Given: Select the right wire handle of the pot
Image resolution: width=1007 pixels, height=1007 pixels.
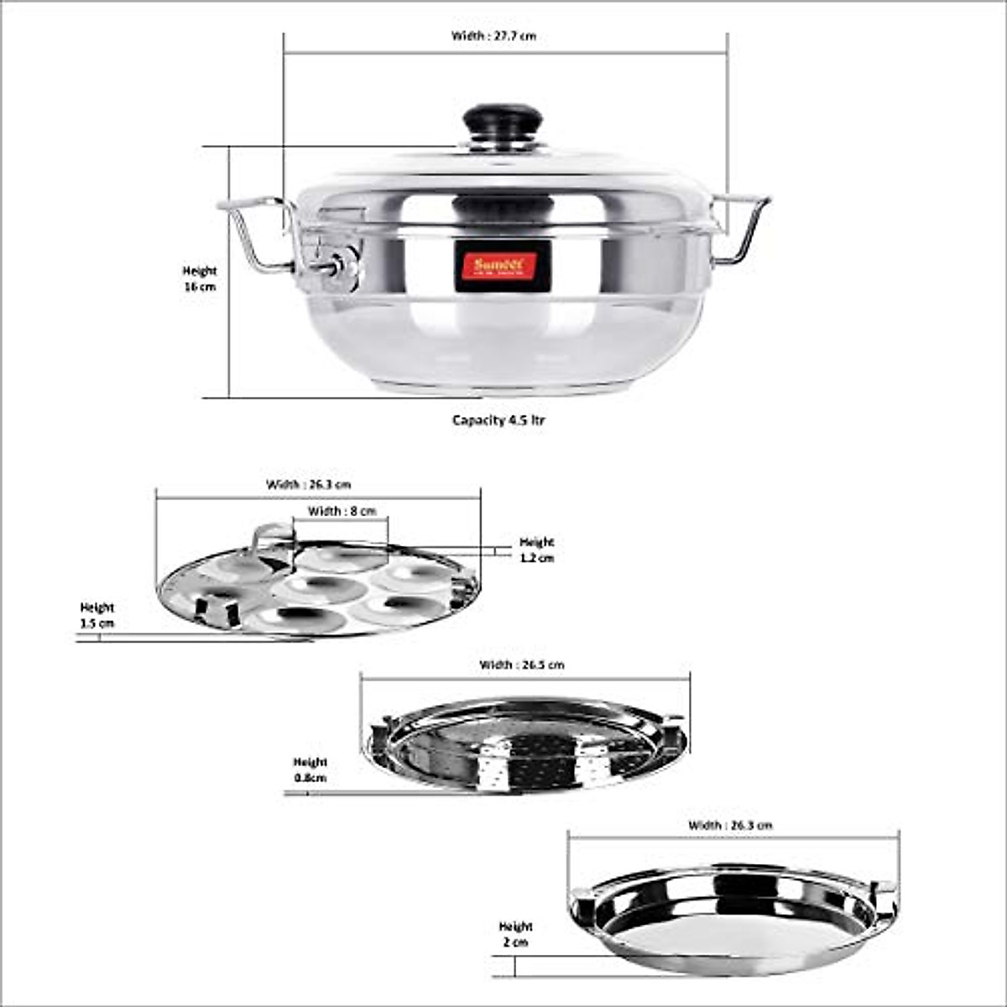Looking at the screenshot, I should point(742,228).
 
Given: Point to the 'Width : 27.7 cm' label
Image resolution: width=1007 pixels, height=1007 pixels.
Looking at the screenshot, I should point(493,36).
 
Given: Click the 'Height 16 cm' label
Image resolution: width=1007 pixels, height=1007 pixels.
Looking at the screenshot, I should point(200,279).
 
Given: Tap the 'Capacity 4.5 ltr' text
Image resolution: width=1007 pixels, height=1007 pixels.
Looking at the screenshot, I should point(498,420).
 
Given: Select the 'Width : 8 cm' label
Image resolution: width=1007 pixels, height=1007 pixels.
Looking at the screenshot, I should point(342,511).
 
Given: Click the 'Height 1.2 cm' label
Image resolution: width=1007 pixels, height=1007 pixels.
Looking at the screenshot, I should point(537,550).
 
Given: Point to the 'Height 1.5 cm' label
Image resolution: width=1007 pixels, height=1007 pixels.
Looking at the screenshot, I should point(97,615).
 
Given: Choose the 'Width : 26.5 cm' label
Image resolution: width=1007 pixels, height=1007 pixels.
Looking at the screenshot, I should point(521,665).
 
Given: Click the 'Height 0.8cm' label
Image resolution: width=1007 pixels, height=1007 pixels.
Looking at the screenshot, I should point(310,770).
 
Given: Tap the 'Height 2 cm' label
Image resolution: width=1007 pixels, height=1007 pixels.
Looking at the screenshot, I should point(516,934).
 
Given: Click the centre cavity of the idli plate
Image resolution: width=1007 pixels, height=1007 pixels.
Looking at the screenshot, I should point(312,587).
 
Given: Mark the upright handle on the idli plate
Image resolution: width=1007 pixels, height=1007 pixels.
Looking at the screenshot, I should point(270,541).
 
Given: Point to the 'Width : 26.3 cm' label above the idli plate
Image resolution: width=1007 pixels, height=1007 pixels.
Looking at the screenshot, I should point(309,484).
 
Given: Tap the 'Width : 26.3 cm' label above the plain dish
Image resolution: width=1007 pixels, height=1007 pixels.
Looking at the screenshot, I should point(730,825).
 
